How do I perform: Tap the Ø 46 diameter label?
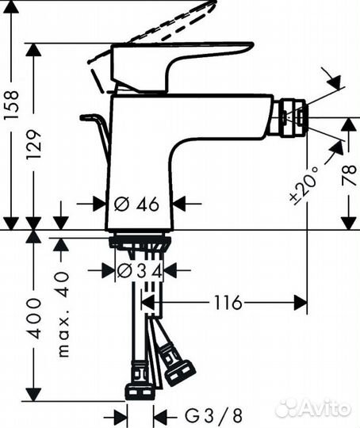pyautogui.click(x=137, y=204)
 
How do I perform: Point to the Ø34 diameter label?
pyautogui.click(x=140, y=270)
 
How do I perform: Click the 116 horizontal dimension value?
pyautogui.click(x=227, y=303)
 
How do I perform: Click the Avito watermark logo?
pyautogui.click(x=312, y=407)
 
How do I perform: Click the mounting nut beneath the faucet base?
pyautogui.click(x=139, y=243)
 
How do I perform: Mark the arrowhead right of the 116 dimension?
pyautogui.click(x=301, y=303)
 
